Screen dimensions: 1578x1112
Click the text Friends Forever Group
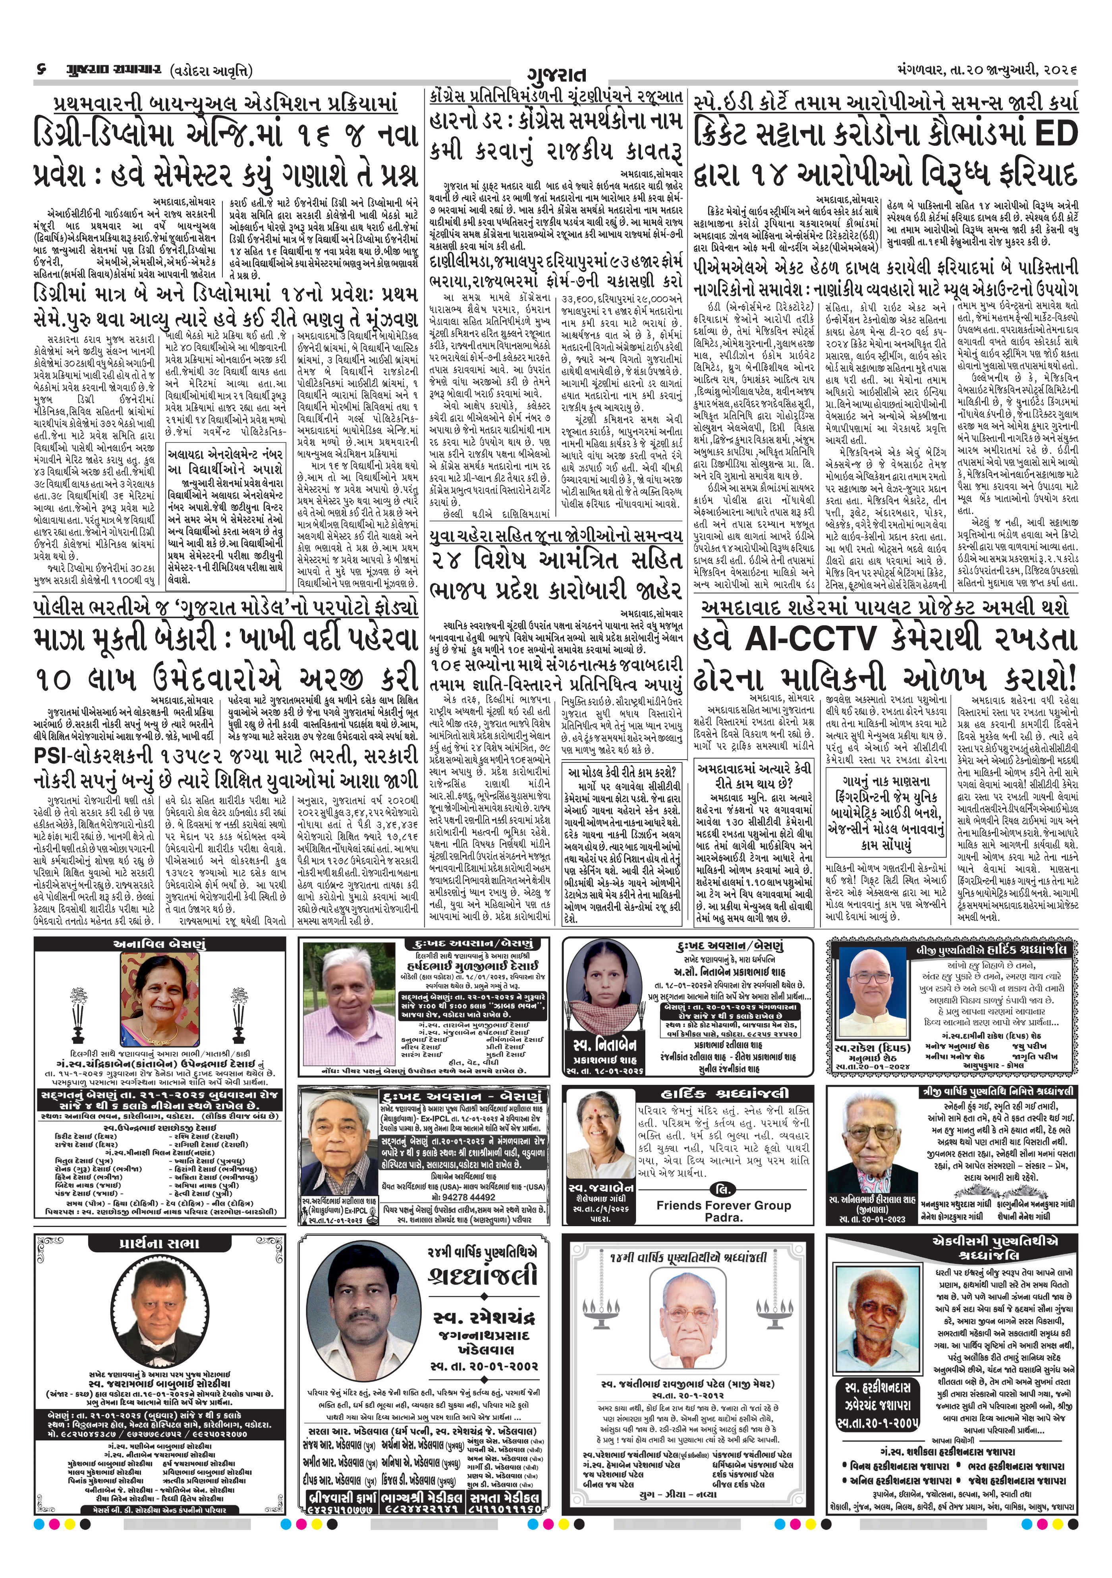coord(723,1206)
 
